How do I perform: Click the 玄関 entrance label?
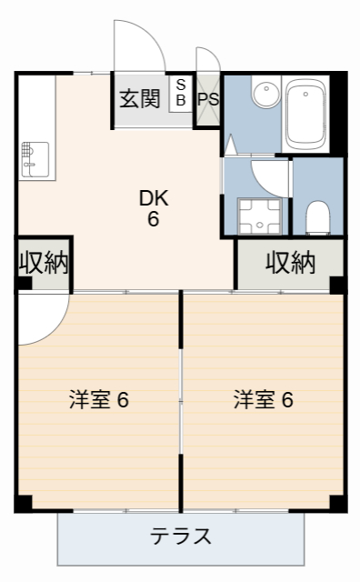(x=138, y=98)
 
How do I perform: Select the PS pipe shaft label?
(x=208, y=99)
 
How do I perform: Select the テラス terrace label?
(x=181, y=536)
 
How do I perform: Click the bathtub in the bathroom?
(x=308, y=114)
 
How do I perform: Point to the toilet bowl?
(x=317, y=216)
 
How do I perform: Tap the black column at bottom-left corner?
(x=24, y=503)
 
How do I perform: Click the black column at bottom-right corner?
(x=338, y=503)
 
